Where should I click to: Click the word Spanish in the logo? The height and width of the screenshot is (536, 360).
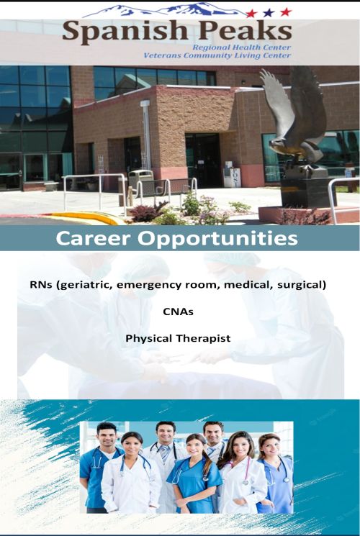[x=125, y=32]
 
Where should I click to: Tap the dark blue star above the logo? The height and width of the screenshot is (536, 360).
[x=269, y=13]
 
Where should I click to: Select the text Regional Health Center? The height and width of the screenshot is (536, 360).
[x=241, y=47]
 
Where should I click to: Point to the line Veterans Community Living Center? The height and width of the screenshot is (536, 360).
[x=217, y=55]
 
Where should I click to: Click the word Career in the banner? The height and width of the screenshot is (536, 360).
[x=94, y=238]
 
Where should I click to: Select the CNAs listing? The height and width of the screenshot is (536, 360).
[x=178, y=312]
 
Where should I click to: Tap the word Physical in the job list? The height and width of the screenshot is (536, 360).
[x=149, y=339]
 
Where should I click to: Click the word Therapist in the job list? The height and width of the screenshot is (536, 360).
[x=204, y=339]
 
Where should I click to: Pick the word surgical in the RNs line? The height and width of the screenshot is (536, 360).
[x=302, y=285]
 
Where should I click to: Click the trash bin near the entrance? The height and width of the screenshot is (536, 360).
[x=140, y=181]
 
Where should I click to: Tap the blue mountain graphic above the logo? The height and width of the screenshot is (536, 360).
[x=164, y=9]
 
